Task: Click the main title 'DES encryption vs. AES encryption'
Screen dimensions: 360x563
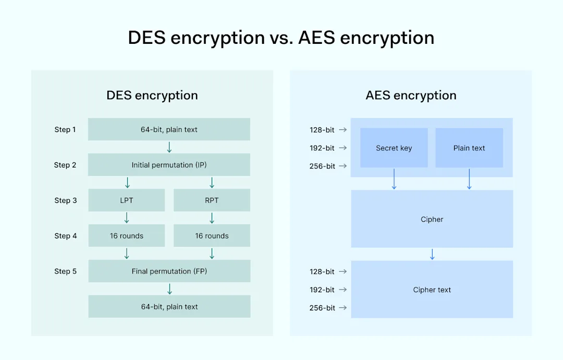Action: click(x=281, y=38)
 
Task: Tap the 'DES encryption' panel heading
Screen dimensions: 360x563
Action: click(x=152, y=95)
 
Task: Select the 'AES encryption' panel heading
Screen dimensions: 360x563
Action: click(x=411, y=95)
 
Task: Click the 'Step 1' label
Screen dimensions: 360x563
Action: click(x=65, y=129)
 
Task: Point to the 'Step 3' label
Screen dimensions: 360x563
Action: click(x=65, y=200)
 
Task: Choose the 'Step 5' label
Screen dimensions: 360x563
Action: click(x=65, y=271)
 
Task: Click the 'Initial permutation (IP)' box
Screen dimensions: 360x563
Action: click(x=169, y=165)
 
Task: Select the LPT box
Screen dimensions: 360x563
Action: click(x=126, y=200)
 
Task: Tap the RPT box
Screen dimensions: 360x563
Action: click(x=212, y=200)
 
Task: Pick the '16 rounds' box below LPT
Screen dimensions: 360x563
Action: click(x=126, y=236)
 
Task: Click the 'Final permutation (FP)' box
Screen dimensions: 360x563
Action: click(x=169, y=271)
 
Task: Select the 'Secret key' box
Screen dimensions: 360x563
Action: click(x=394, y=148)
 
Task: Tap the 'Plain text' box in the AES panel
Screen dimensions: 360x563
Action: click(x=469, y=148)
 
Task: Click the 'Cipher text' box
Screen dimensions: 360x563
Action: click(x=432, y=290)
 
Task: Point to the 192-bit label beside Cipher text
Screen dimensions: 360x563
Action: click(x=322, y=290)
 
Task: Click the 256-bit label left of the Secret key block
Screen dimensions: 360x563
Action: click(x=322, y=166)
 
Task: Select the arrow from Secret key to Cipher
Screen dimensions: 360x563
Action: click(x=394, y=179)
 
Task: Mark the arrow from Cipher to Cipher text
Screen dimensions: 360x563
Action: click(x=432, y=254)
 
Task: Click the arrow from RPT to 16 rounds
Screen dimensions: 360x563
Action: click(x=212, y=218)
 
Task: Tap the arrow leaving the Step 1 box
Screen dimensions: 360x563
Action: click(x=169, y=147)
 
